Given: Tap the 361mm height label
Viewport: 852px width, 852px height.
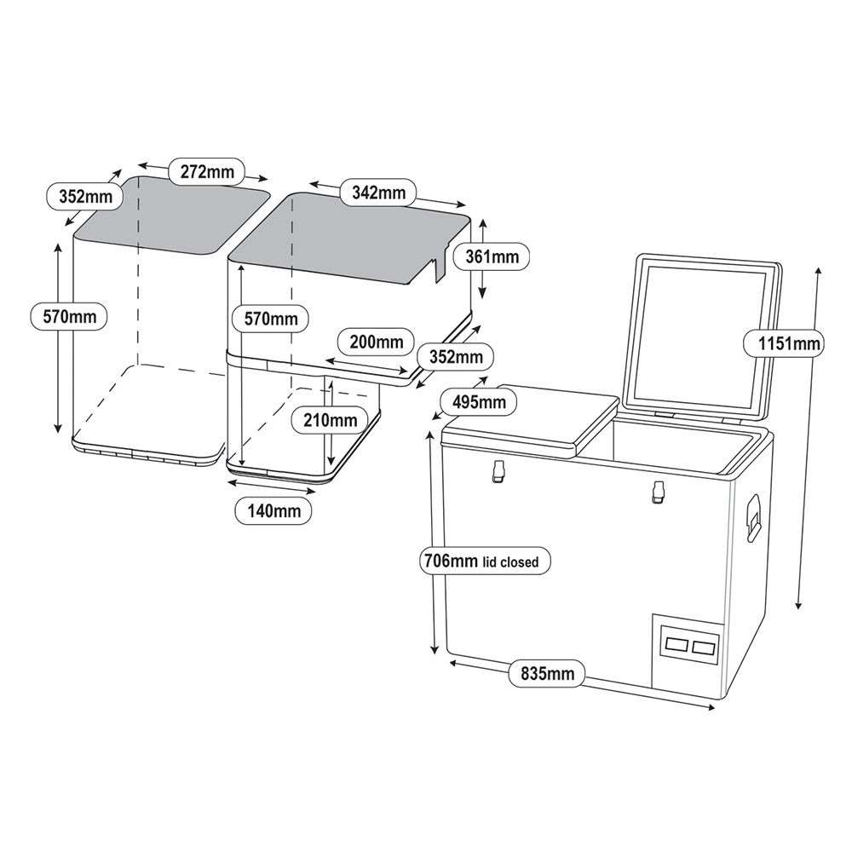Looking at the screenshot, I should [x=492, y=256].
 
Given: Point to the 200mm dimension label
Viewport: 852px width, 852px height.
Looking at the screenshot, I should [x=376, y=343].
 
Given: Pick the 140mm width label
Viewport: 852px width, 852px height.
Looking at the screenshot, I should [x=273, y=511].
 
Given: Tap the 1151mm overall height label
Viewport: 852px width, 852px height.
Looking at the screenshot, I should [x=782, y=344].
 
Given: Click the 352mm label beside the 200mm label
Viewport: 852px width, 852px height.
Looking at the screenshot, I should [x=456, y=356].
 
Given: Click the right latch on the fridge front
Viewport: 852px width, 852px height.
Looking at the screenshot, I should [x=657, y=492].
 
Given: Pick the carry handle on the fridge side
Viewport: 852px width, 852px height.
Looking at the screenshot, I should [x=753, y=515].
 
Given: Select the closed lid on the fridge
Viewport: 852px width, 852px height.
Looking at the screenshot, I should [x=528, y=422].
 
